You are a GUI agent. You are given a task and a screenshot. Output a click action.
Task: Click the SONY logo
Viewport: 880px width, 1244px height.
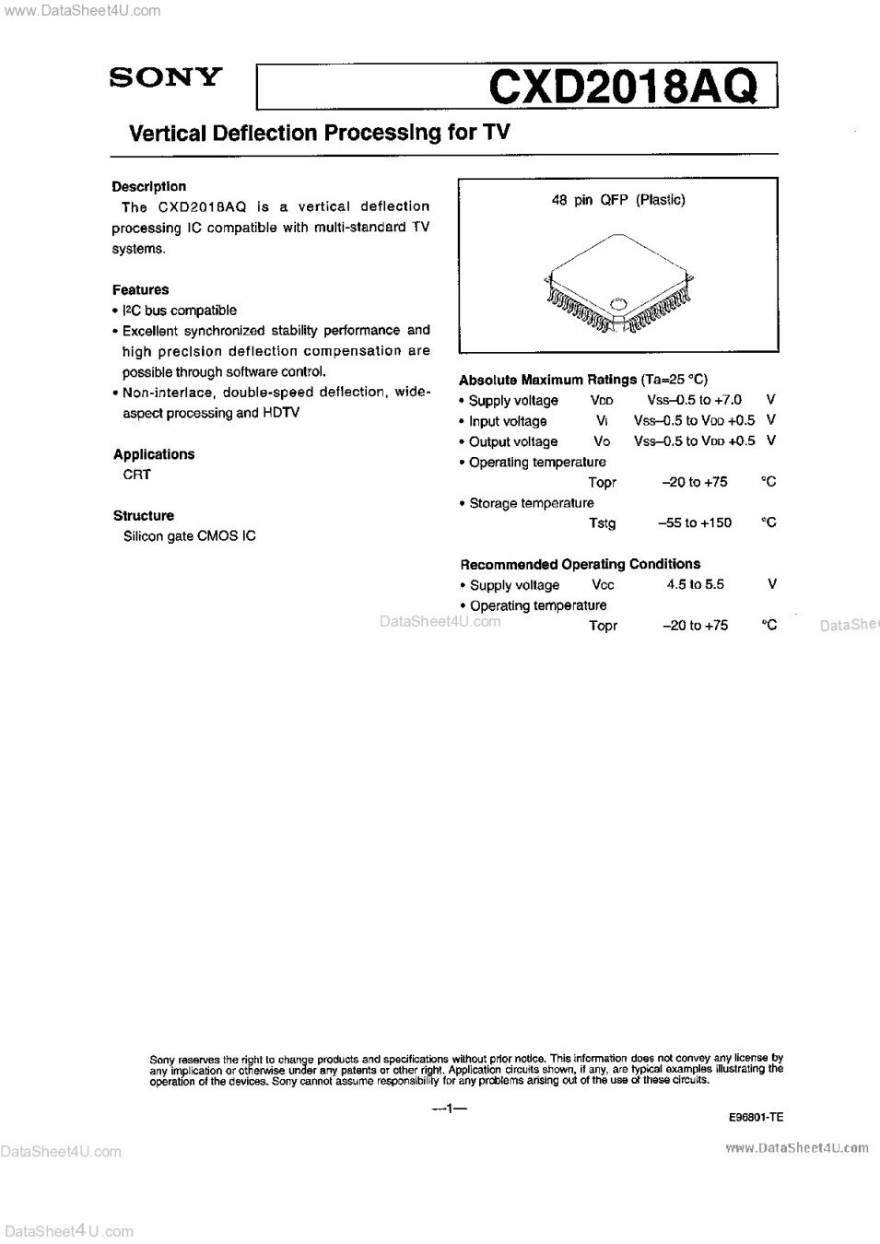click(x=166, y=76)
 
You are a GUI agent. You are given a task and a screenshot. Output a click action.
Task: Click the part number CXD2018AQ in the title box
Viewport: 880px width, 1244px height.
click(x=624, y=88)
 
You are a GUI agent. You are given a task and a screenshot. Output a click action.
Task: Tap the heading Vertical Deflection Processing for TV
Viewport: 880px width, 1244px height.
click(x=320, y=133)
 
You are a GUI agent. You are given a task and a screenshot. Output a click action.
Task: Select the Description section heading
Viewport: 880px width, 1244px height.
click(x=148, y=186)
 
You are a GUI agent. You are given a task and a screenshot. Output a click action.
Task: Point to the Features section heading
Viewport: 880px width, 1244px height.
click(x=141, y=289)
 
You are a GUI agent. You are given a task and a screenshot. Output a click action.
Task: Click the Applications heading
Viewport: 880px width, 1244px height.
click(x=154, y=454)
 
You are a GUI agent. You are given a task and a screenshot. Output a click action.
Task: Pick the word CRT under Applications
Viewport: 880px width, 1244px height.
click(x=136, y=475)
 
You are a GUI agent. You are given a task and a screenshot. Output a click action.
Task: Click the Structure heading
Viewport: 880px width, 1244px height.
click(x=144, y=516)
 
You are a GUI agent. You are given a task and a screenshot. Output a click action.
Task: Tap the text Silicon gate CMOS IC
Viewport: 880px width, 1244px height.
click(x=190, y=536)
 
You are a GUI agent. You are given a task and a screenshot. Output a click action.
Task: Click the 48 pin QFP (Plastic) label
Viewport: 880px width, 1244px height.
click(x=618, y=200)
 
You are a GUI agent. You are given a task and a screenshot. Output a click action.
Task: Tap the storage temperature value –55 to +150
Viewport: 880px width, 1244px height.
click(x=695, y=522)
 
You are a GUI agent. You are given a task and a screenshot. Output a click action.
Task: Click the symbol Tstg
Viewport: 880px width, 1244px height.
click(x=602, y=523)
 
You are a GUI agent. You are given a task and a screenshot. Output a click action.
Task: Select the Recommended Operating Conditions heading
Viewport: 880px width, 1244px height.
click(x=580, y=564)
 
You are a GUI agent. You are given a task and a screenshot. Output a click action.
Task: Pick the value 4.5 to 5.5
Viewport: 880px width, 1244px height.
click(x=696, y=584)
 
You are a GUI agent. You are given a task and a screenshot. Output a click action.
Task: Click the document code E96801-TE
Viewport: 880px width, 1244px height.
click(x=755, y=1117)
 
